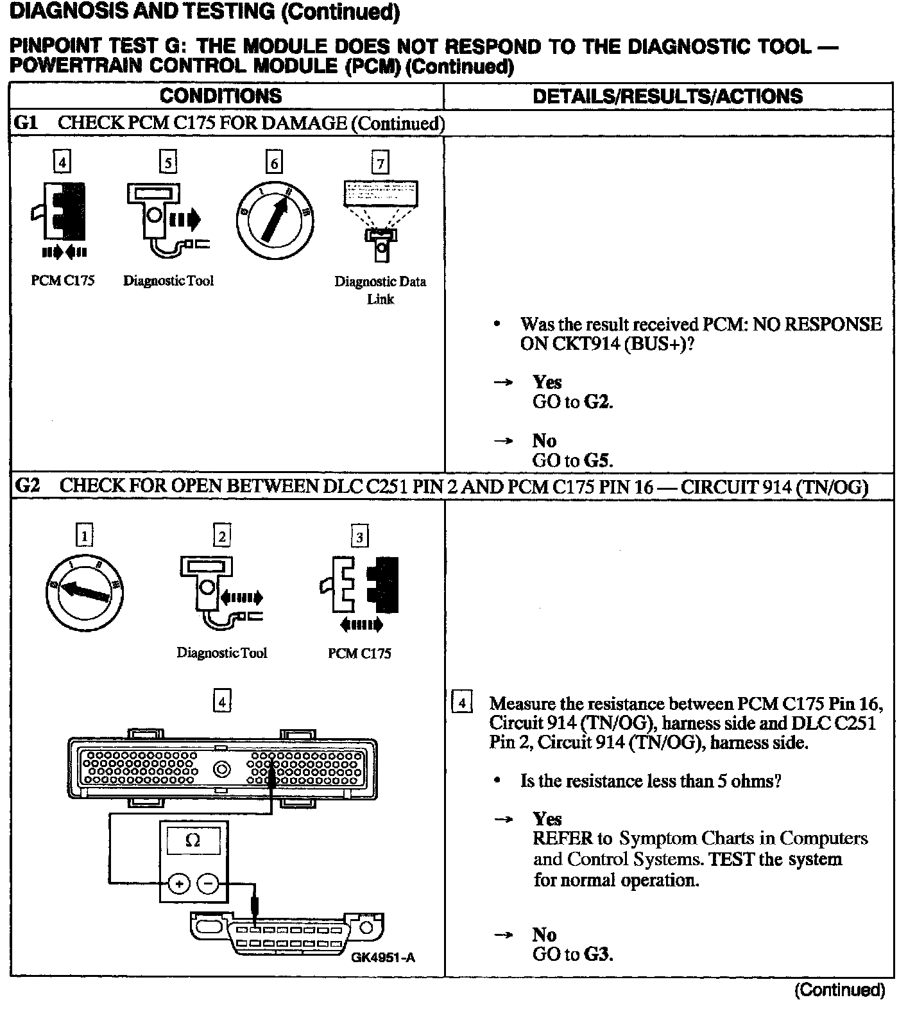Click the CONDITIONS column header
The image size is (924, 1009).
[x=221, y=96]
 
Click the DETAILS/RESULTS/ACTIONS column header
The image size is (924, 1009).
[x=667, y=96]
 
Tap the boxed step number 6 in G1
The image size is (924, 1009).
[x=274, y=163]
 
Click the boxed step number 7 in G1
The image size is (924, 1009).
[x=381, y=163]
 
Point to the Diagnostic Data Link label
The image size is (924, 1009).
[x=381, y=290]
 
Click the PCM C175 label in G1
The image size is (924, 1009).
[x=63, y=280]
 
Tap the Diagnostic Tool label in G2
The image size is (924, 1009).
[x=222, y=653]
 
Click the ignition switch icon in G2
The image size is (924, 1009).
[x=85, y=591]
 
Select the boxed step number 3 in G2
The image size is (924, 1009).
[x=359, y=537]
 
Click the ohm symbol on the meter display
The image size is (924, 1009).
[x=193, y=840]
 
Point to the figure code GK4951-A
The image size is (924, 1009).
[x=382, y=958]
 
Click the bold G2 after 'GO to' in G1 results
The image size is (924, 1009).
[x=598, y=402]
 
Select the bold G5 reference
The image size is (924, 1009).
[x=598, y=460]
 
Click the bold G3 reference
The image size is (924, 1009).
[x=598, y=954]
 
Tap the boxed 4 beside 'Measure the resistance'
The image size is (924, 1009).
[x=461, y=703]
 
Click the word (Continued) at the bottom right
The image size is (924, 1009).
[x=839, y=990]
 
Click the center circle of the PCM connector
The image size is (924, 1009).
[x=223, y=768]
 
